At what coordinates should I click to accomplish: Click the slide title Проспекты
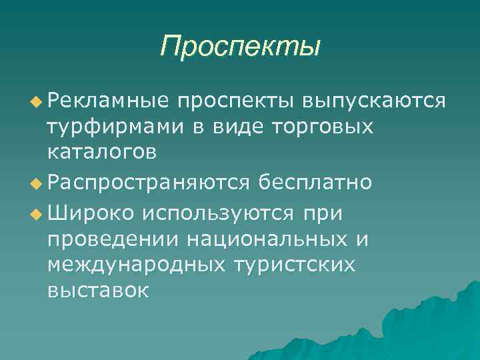[240, 47]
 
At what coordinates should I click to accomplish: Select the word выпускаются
[373, 101]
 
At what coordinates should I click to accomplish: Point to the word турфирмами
[111, 127]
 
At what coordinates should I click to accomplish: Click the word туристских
[298, 264]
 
